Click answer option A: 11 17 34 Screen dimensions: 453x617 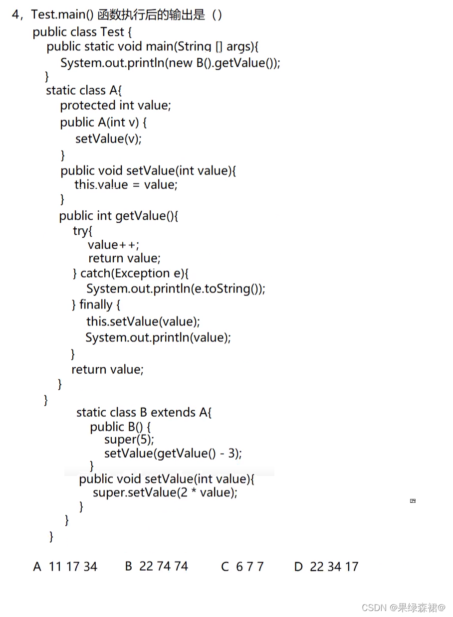tap(65, 567)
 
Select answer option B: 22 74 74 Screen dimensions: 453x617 tap(156, 566)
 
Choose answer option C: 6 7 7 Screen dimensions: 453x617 tap(242, 567)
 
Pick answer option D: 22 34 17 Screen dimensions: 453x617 tap(326, 567)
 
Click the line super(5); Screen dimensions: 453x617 tap(129, 440)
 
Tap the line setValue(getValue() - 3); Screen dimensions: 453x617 tap(173, 454)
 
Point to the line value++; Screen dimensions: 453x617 tap(113, 245)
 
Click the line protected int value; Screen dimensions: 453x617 tap(115, 106)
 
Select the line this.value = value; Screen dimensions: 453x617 tap(126, 185)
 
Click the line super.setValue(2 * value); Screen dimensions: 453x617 tap(165, 493)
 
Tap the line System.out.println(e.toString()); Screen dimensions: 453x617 tap(176, 289)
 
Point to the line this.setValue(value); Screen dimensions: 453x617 tap(143, 321)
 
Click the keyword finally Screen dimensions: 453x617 tap(96, 305)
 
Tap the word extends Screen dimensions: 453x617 tap(173, 413)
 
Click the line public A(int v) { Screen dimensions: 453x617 tap(103, 123)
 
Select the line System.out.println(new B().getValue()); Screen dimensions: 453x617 tap(170, 63)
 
